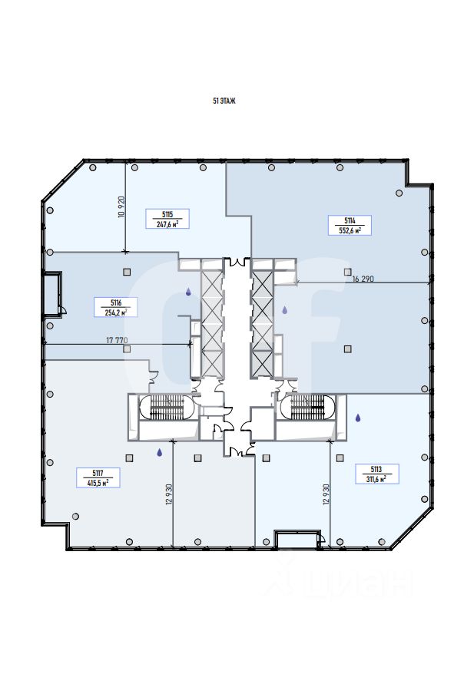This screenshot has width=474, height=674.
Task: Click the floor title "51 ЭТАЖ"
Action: coord(224,101)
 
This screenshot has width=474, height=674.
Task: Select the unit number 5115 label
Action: coord(167,215)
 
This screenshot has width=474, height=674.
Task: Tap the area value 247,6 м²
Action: coord(167,224)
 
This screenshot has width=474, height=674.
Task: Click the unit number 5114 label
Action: coord(350,220)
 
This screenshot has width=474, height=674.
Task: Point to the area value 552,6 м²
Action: coord(350,229)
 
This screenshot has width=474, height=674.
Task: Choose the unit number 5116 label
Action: coord(116,302)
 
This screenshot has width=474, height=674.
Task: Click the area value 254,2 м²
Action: coord(116,312)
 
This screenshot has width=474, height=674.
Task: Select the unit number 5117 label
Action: coord(98,473)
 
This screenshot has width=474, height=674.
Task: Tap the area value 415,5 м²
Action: coord(98,482)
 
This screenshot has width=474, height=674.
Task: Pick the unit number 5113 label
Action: coord(376,468)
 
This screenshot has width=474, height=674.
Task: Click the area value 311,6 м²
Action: coord(376,477)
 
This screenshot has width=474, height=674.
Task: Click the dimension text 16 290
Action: coord(363,279)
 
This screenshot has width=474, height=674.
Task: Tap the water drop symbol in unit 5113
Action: coord(358,418)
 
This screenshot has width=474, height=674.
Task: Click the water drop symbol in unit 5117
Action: coord(159,453)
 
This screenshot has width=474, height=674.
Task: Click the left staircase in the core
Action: coord(162,406)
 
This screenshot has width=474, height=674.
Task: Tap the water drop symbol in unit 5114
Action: coord(284,310)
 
